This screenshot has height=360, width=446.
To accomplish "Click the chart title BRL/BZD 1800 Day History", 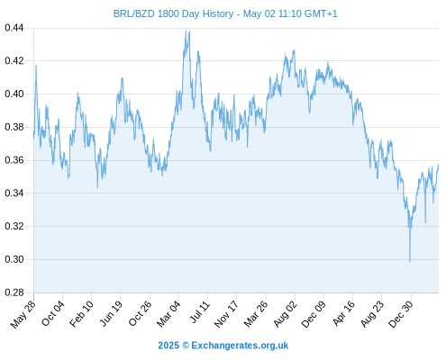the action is [173, 13].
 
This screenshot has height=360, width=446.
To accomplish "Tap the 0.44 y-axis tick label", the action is [14, 28].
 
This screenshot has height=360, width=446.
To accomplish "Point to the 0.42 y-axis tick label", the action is [14, 61].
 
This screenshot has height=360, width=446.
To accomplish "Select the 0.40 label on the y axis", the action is [14, 94].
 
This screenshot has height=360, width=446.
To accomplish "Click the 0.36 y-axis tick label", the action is [14, 160].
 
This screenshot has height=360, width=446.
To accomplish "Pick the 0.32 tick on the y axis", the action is [14, 226].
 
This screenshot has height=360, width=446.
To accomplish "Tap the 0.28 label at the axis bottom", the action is [14, 292].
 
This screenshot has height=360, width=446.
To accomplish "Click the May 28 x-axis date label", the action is [23, 314].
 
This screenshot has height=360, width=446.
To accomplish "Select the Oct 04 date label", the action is [53, 314].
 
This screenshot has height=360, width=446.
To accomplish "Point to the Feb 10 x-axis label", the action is [81, 314].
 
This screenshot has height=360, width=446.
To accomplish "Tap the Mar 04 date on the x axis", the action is [168, 314].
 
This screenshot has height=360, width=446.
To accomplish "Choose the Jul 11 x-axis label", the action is [200, 312].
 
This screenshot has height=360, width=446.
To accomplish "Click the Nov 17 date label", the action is [226, 314].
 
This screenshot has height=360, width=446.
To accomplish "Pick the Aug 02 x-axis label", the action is [286, 314].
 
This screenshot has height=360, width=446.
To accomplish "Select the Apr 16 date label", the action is [344, 313].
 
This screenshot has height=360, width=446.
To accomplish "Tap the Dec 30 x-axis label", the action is [401, 314].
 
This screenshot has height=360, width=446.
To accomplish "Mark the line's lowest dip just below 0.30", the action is [410, 262].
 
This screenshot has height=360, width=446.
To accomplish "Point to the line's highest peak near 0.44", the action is [189, 31].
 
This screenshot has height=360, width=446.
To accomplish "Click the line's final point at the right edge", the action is [438, 166].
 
